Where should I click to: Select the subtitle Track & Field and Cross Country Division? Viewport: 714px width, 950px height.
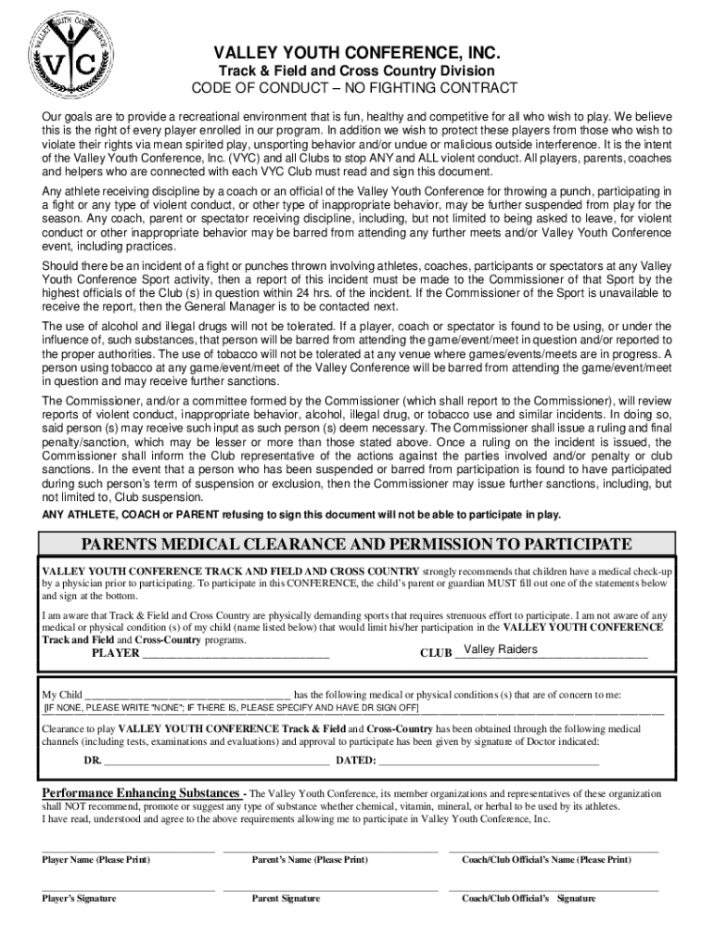tap(357, 71)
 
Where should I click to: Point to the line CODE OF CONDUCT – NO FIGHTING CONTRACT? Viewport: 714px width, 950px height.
tap(357, 88)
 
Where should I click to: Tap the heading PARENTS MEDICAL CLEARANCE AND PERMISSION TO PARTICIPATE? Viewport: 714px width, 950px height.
tap(357, 543)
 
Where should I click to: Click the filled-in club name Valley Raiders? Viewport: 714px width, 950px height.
tap(500, 649)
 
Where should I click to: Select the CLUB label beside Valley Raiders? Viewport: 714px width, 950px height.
tap(435, 653)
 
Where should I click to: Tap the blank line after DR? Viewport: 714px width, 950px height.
tap(216, 761)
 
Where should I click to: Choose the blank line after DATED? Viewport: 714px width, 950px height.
tap(489, 761)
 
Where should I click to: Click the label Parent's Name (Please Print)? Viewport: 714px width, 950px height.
tap(310, 860)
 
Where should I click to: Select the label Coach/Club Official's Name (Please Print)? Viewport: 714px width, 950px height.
tap(546, 860)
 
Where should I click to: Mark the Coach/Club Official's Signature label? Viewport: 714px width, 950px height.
tap(529, 899)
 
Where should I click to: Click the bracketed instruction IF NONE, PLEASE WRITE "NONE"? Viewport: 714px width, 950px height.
tap(232, 708)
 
